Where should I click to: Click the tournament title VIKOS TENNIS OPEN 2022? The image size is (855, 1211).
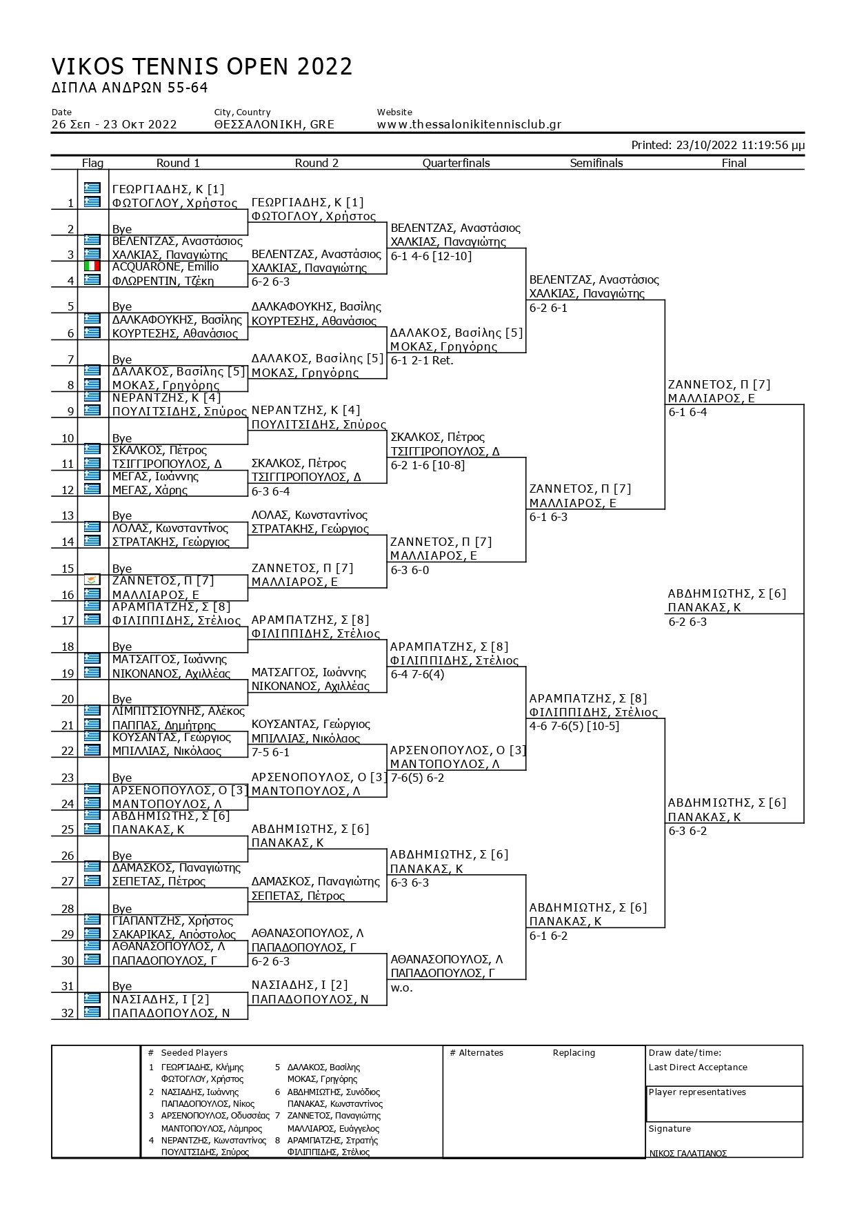(202, 67)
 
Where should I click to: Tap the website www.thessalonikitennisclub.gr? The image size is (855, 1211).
(469, 125)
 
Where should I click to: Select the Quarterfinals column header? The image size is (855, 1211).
(456, 164)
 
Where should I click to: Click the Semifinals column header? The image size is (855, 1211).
(596, 164)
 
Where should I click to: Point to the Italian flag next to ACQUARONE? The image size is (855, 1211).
(92, 266)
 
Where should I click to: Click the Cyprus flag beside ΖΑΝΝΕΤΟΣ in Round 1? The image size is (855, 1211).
(92, 580)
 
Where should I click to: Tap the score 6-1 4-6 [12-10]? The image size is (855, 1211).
(431, 256)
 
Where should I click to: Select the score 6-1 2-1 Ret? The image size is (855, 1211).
(422, 361)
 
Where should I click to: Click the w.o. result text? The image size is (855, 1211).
(401, 988)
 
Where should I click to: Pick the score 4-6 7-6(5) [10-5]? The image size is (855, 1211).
(574, 727)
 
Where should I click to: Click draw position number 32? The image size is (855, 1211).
(67, 1013)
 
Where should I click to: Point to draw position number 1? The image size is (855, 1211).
(70, 203)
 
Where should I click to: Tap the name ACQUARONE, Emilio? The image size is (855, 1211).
(165, 267)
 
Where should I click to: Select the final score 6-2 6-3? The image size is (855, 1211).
(687, 622)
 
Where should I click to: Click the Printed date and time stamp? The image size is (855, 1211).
(718, 146)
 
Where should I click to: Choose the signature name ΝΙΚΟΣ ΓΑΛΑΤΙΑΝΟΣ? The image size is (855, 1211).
(687, 1153)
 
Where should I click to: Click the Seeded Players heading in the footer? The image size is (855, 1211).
(194, 1053)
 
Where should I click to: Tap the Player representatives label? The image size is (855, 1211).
(697, 1092)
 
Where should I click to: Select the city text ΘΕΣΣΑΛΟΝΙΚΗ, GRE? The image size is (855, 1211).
(274, 125)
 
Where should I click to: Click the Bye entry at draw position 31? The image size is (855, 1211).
(122, 987)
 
